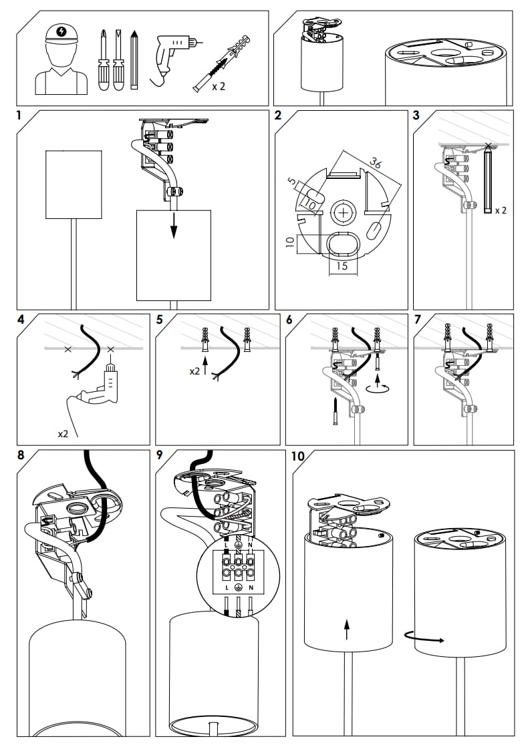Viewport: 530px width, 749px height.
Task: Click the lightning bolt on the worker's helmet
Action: (x=62, y=31)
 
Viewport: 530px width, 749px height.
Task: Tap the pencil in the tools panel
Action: (x=134, y=60)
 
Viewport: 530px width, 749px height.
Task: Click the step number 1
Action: (x=19, y=115)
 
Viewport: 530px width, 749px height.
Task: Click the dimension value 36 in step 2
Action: (x=376, y=164)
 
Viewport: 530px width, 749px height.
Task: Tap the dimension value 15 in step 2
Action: (x=342, y=266)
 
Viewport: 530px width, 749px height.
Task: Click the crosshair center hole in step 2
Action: (x=344, y=213)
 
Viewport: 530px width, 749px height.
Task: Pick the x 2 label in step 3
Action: (x=500, y=210)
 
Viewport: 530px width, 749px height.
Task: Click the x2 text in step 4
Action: (x=63, y=434)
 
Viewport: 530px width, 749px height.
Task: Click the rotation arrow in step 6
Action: (x=380, y=387)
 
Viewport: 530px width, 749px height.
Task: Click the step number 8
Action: (x=21, y=456)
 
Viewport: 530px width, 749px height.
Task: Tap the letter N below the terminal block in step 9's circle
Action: (x=251, y=587)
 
